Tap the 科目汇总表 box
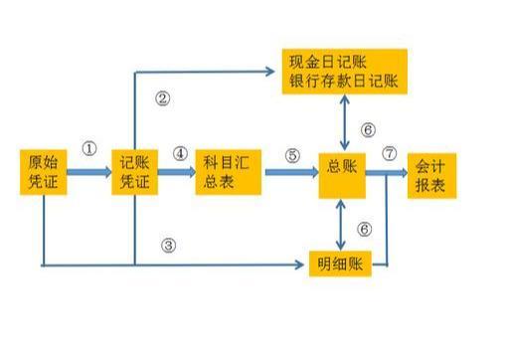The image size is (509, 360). pyautogui.click(x=227, y=172)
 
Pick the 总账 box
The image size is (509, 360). pyautogui.click(x=341, y=172)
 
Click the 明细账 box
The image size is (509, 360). pyautogui.click(x=338, y=264)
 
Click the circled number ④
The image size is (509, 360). pyautogui.click(x=180, y=154)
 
